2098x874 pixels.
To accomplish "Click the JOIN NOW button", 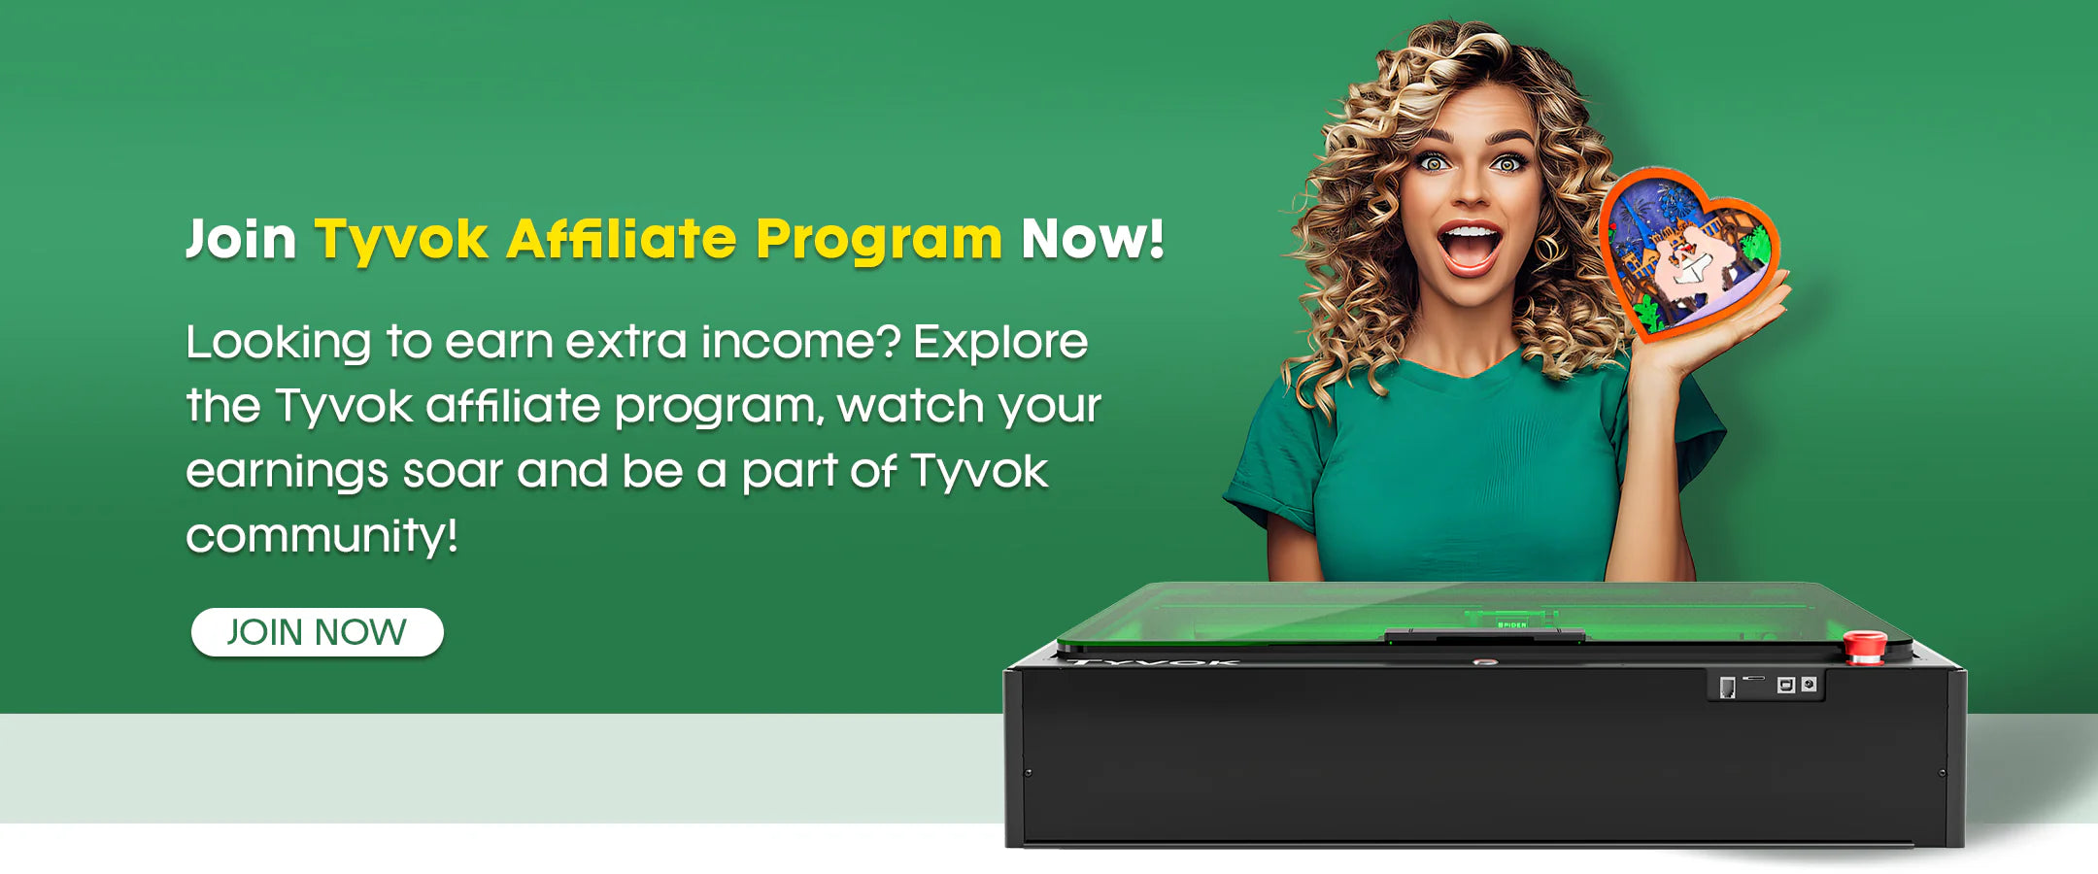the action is point(318,632).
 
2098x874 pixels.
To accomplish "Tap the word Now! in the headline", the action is point(1093,238).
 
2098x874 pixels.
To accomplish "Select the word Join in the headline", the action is point(241,240).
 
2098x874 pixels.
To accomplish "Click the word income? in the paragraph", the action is point(800,341).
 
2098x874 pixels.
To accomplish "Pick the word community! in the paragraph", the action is point(321,535).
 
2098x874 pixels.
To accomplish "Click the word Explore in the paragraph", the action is point(1000,343).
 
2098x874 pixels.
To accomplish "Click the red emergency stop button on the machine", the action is point(1865,646).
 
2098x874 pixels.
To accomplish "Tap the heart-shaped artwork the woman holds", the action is point(1688,254).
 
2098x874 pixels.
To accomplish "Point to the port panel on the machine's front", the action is point(1766,685).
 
